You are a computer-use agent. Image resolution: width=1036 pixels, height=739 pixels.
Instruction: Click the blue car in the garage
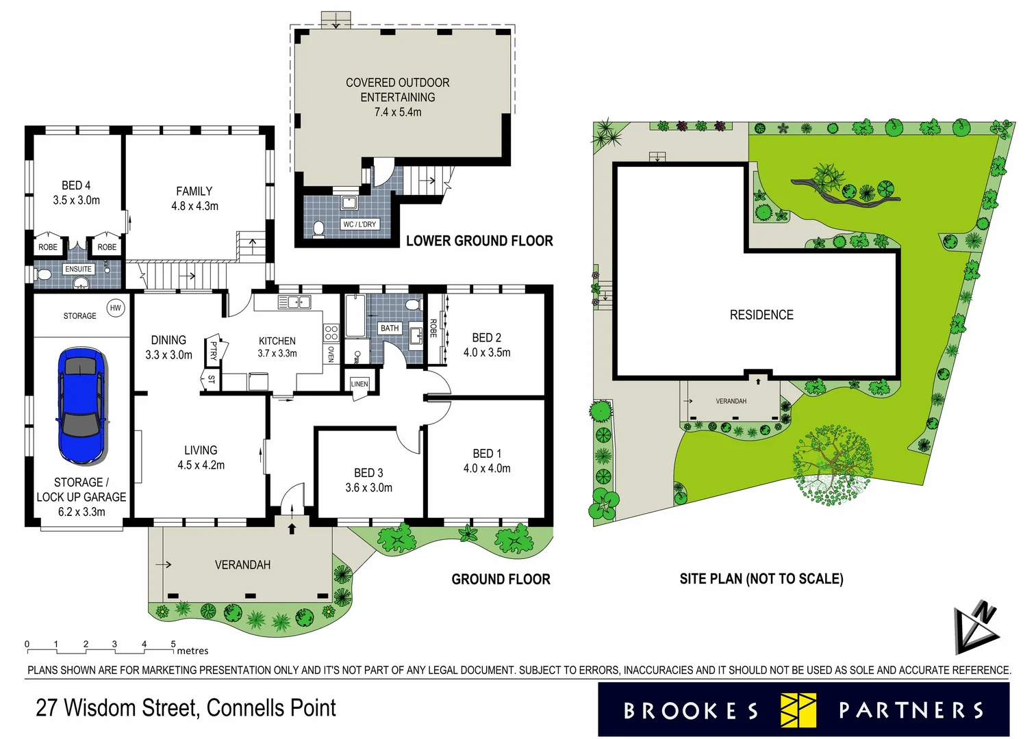pos(81,405)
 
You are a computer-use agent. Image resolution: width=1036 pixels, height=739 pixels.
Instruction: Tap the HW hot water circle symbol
pos(116,308)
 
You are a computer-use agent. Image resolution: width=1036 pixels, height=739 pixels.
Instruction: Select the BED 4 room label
pos(76,192)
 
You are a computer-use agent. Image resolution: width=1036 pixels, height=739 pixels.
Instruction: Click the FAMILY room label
pos(194,198)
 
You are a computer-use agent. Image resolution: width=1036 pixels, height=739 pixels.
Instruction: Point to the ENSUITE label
pos(78,269)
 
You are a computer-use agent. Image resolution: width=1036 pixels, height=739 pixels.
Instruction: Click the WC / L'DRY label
pos(359,224)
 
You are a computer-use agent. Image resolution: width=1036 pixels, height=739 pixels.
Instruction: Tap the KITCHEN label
pos(277,341)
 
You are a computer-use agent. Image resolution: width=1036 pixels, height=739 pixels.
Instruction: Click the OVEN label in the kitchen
pos(331,354)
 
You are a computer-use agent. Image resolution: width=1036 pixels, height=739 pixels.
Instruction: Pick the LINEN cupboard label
pos(359,384)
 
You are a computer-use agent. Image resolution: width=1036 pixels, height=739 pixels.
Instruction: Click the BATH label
pos(390,328)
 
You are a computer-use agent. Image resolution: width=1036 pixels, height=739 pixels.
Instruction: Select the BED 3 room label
pos(368,480)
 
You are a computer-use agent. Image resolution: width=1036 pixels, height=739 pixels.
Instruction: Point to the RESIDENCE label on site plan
pos(761,315)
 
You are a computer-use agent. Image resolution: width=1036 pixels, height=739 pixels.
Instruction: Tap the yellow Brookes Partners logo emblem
pos(798,710)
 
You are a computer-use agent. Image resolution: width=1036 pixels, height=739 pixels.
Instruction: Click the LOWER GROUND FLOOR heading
pos(479,241)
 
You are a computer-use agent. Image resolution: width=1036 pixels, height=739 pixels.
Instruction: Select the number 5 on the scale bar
pos(173,644)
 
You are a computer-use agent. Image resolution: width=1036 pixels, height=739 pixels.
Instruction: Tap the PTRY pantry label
pos(213,351)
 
